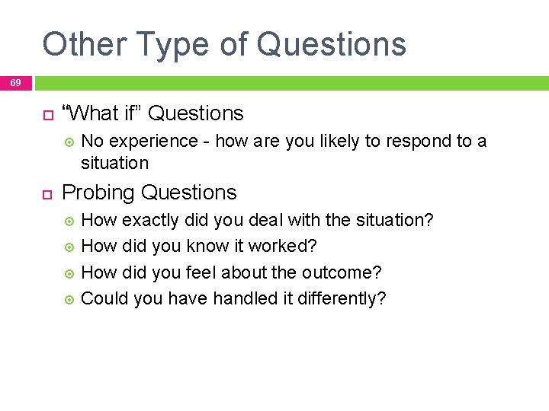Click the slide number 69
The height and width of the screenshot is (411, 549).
(x=16, y=82)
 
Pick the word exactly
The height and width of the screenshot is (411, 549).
(x=153, y=221)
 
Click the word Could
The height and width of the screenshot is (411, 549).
(x=104, y=298)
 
